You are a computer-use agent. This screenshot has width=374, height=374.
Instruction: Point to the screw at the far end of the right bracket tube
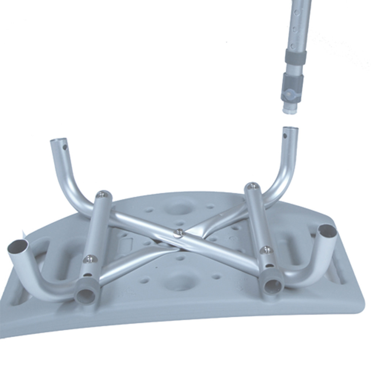(x=252, y=186)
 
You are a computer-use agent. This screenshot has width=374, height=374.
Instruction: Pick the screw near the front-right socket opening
(x=267, y=250)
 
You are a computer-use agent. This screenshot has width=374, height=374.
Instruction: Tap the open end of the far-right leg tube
(x=327, y=231)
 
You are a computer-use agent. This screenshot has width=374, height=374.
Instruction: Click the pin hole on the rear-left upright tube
(x=65, y=148)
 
